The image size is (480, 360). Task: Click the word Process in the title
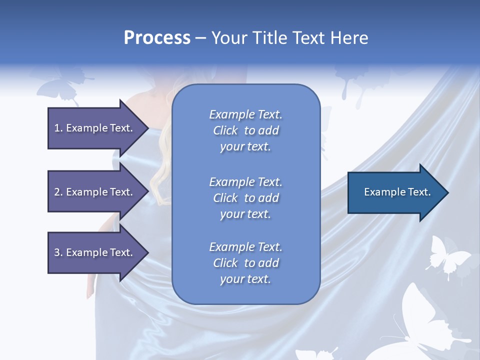pyautogui.click(x=157, y=38)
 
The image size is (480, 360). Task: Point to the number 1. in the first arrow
pyautogui.click(x=58, y=128)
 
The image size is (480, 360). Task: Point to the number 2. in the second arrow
pyautogui.click(x=58, y=192)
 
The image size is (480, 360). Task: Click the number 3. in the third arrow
pyautogui.click(x=58, y=252)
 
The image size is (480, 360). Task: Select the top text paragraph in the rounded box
pyautogui.click(x=245, y=130)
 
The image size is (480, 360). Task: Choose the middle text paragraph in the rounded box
pyautogui.click(x=245, y=198)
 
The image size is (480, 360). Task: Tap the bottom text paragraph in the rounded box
pyautogui.click(x=245, y=263)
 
